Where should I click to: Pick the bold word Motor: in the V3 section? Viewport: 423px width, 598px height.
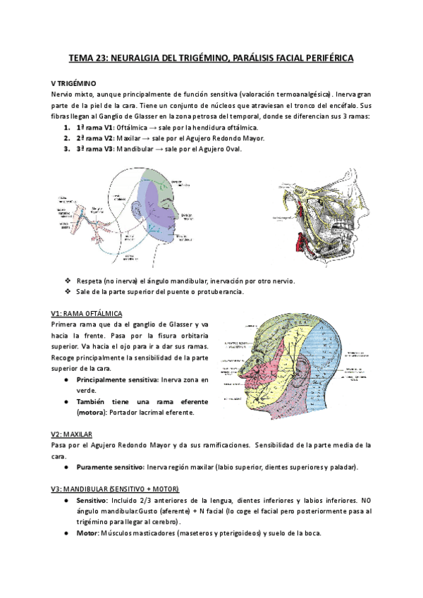(x=89, y=533)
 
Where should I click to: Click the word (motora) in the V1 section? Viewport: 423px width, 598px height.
(x=94, y=412)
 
